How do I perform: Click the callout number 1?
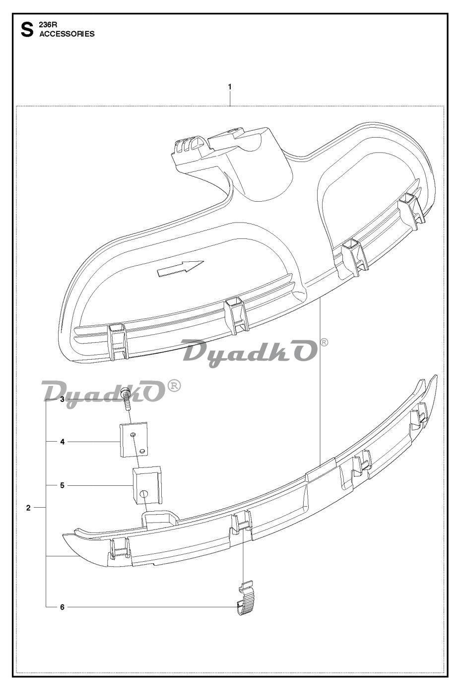pos(230,87)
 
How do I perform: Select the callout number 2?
pos(28,508)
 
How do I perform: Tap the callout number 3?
pos(63,399)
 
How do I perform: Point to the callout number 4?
pos(63,442)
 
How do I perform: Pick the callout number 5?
pos(63,486)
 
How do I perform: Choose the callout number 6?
pos(63,607)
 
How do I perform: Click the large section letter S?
pos(27,30)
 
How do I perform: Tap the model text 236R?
pos(46,26)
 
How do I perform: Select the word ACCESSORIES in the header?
pos(67,34)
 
